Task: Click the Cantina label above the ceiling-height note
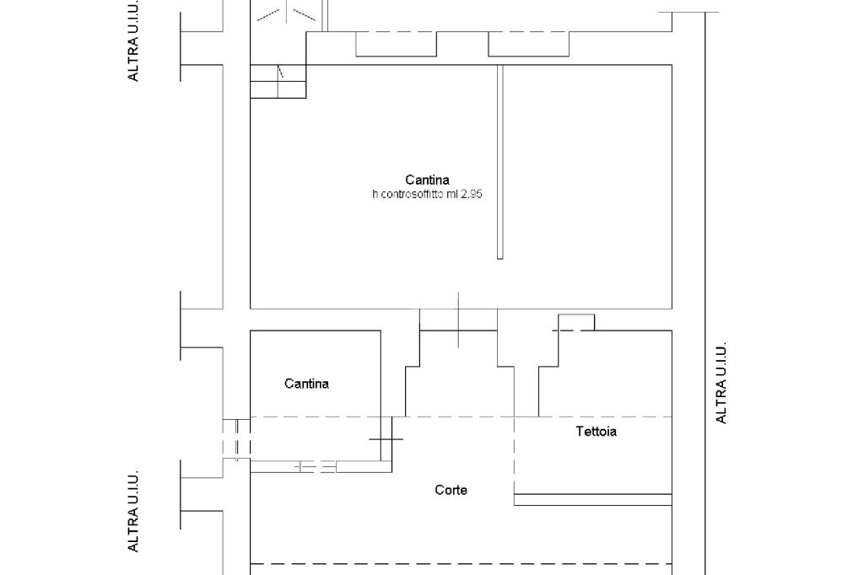427,180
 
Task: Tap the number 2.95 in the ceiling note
471,195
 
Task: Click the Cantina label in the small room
306,384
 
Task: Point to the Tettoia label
596,432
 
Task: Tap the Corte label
451,490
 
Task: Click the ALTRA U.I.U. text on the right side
721,383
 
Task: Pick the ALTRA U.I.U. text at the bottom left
133,512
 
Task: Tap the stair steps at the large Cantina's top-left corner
278,82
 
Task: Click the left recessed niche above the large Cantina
396,44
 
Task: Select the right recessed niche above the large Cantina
528,44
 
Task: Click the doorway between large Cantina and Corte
458,320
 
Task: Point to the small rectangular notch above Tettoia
575,322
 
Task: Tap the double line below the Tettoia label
592,499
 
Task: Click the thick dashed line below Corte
461,563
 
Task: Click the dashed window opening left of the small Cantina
236,438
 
